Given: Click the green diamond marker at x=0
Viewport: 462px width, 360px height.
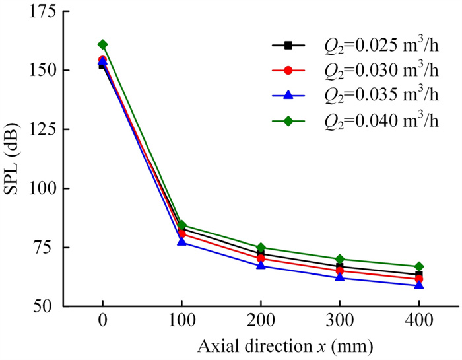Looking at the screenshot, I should (102, 44).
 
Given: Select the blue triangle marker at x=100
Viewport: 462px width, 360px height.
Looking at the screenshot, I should (181, 242).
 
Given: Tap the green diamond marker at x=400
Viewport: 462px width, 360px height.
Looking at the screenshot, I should (419, 266).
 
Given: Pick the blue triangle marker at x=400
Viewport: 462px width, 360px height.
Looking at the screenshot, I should (419, 285).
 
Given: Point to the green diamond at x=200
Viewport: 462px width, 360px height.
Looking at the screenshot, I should (261, 248).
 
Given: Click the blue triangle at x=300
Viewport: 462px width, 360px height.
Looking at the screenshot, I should (340, 277).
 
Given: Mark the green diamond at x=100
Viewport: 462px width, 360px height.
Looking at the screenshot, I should (181, 225).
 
